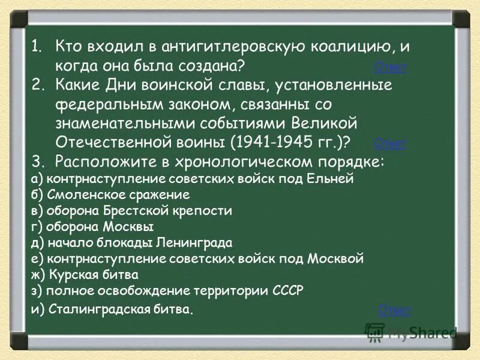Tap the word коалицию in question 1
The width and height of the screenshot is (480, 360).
pos(341,46)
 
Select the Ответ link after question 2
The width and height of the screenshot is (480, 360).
pos(390,143)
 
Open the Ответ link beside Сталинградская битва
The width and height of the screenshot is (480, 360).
pos(394,310)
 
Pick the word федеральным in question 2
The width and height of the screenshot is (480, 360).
pos(98,104)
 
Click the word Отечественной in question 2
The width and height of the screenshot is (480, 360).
pos(113,143)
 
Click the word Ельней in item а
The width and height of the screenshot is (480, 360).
pos(336,179)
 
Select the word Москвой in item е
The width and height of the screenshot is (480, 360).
pos(336,259)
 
